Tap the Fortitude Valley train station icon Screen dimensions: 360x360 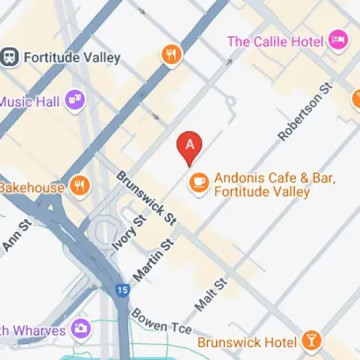click(9, 56)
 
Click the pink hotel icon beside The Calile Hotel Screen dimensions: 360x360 click(336, 40)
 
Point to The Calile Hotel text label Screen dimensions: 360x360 click(276, 41)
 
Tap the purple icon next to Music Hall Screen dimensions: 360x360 click(74, 102)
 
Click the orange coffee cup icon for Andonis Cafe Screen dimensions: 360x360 click(199, 184)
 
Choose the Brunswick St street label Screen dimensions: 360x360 click(146, 197)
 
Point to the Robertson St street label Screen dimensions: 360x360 click(304, 112)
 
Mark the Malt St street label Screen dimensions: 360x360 click(210, 294)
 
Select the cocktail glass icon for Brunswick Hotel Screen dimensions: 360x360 click(312, 340)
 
